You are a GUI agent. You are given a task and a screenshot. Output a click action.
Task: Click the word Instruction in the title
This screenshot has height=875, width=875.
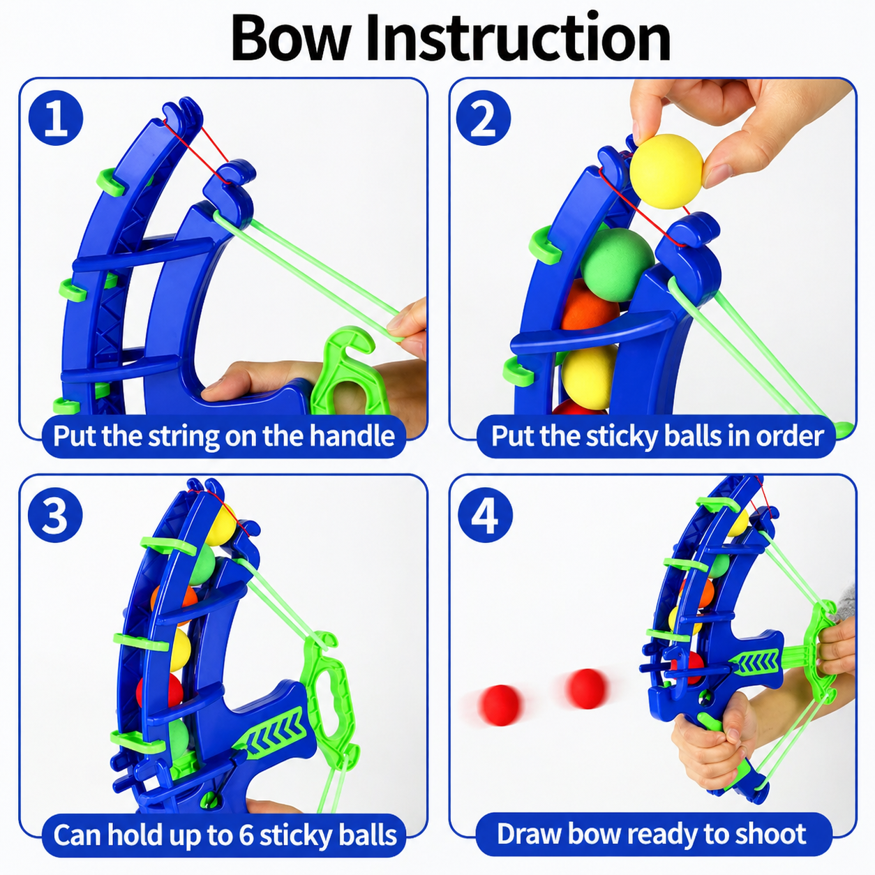(x=518, y=38)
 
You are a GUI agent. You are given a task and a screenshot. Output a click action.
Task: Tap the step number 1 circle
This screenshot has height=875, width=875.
(x=56, y=118)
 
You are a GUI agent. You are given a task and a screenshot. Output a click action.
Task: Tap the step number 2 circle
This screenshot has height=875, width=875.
(x=483, y=118)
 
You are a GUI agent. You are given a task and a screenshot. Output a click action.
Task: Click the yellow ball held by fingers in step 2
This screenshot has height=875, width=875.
(x=666, y=171)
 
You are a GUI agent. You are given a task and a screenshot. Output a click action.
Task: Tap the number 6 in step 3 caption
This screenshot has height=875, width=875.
(x=246, y=835)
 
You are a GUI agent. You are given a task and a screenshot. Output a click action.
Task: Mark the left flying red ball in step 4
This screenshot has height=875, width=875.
(x=500, y=705)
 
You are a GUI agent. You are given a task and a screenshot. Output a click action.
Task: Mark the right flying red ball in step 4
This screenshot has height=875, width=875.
(x=586, y=688)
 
